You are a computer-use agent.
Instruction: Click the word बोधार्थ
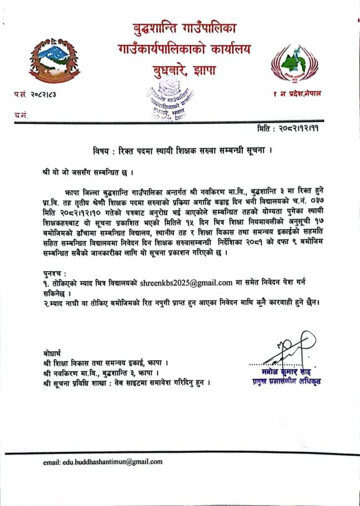coord(53,354)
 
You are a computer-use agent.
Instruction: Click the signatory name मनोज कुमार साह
coord(287,371)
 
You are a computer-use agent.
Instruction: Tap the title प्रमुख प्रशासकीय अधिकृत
coord(287,381)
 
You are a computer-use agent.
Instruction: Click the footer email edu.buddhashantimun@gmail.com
coord(102,462)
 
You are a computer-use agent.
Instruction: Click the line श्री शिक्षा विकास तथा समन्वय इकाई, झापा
coord(106,363)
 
